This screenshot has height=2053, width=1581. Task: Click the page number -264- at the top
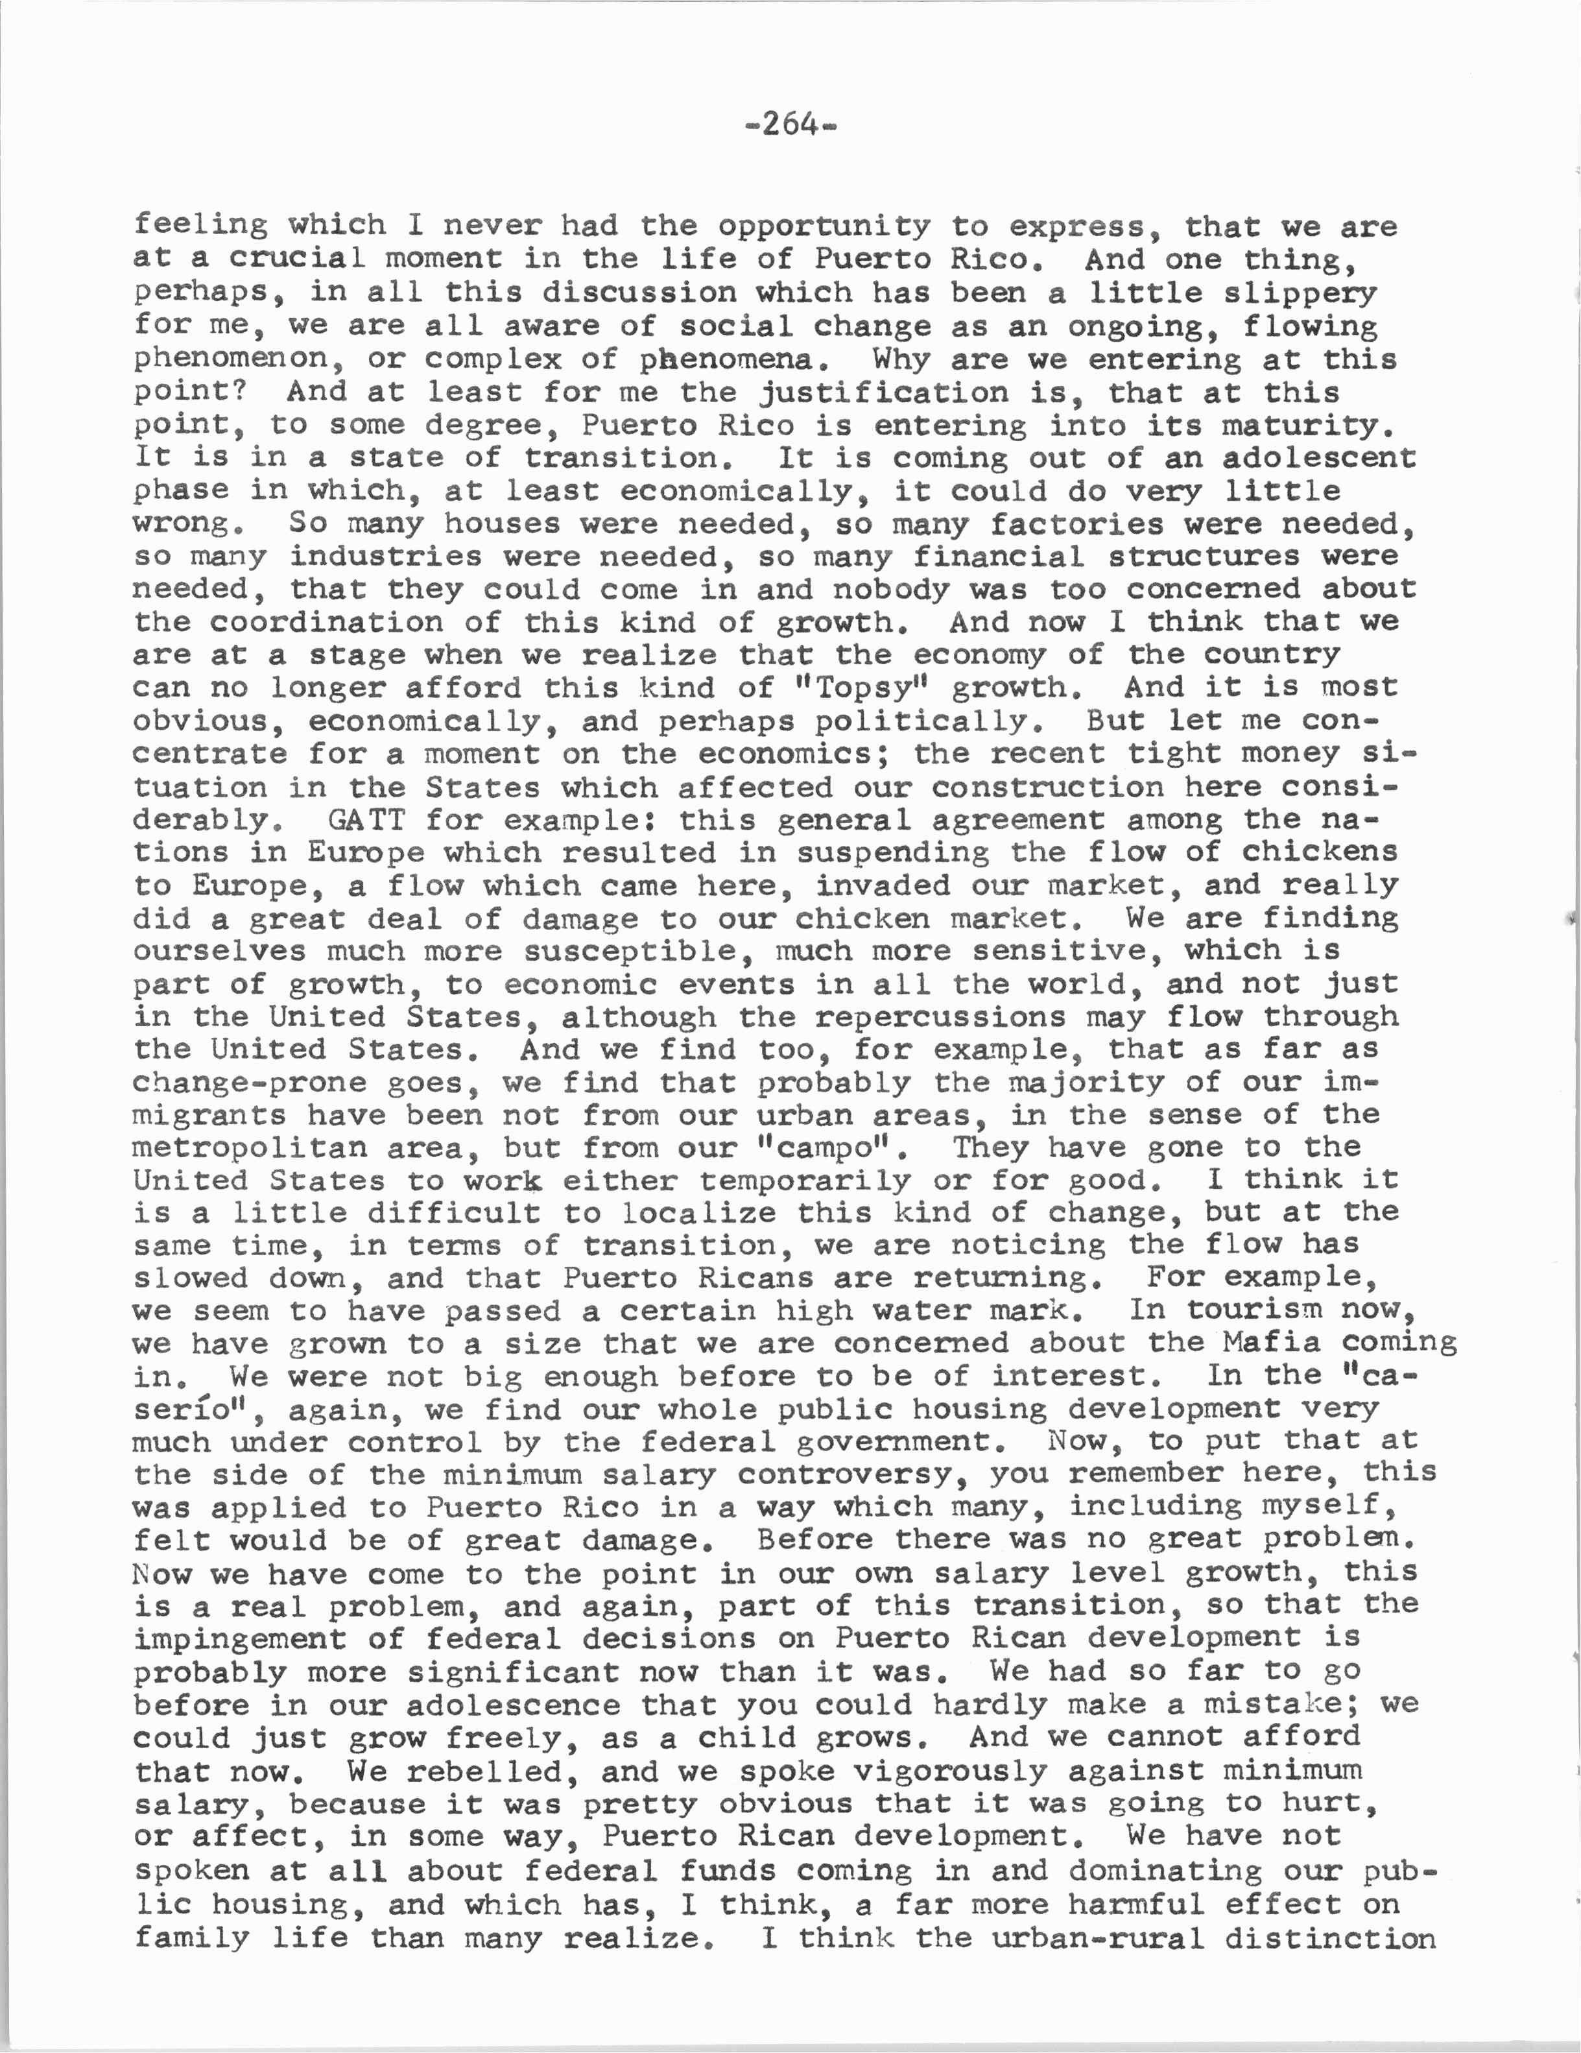click(789, 123)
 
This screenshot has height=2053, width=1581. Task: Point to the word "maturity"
click(1307, 426)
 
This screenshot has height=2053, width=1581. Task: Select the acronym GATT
click(366, 820)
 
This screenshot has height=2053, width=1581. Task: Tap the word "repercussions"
click(940, 1017)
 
